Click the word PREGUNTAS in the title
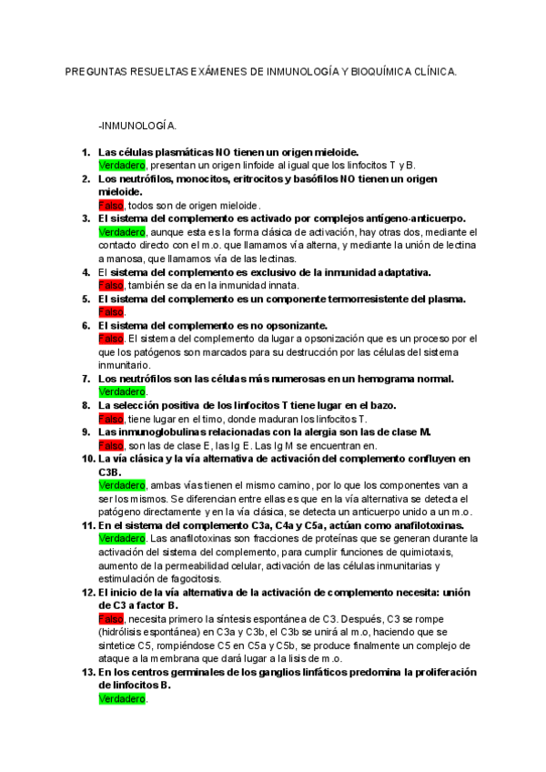tap(98, 70)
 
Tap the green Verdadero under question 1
tap(121, 165)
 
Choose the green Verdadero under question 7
tap(121, 391)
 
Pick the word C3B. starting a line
tap(111, 472)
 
